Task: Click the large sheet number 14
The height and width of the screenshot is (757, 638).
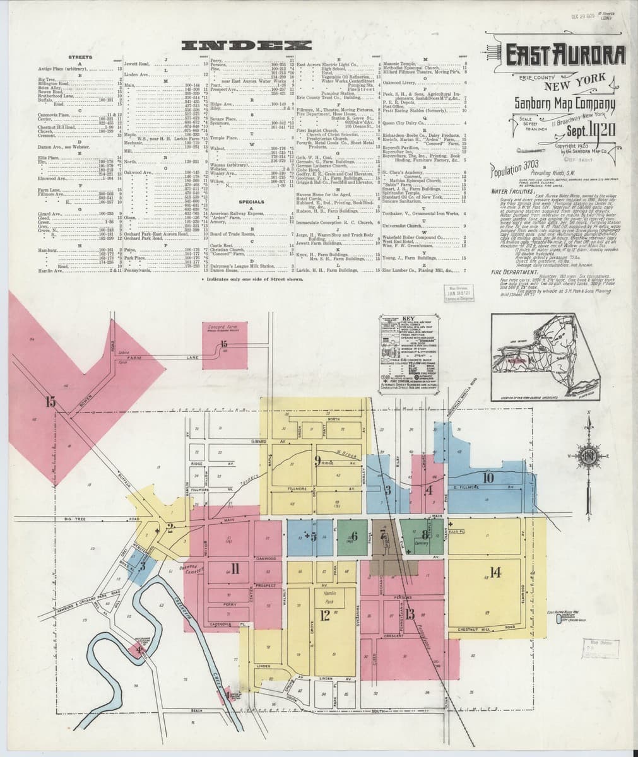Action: [x=494, y=572]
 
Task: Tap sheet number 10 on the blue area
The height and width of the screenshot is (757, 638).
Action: [x=488, y=478]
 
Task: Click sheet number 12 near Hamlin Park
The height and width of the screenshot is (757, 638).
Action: [x=326, y=615]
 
